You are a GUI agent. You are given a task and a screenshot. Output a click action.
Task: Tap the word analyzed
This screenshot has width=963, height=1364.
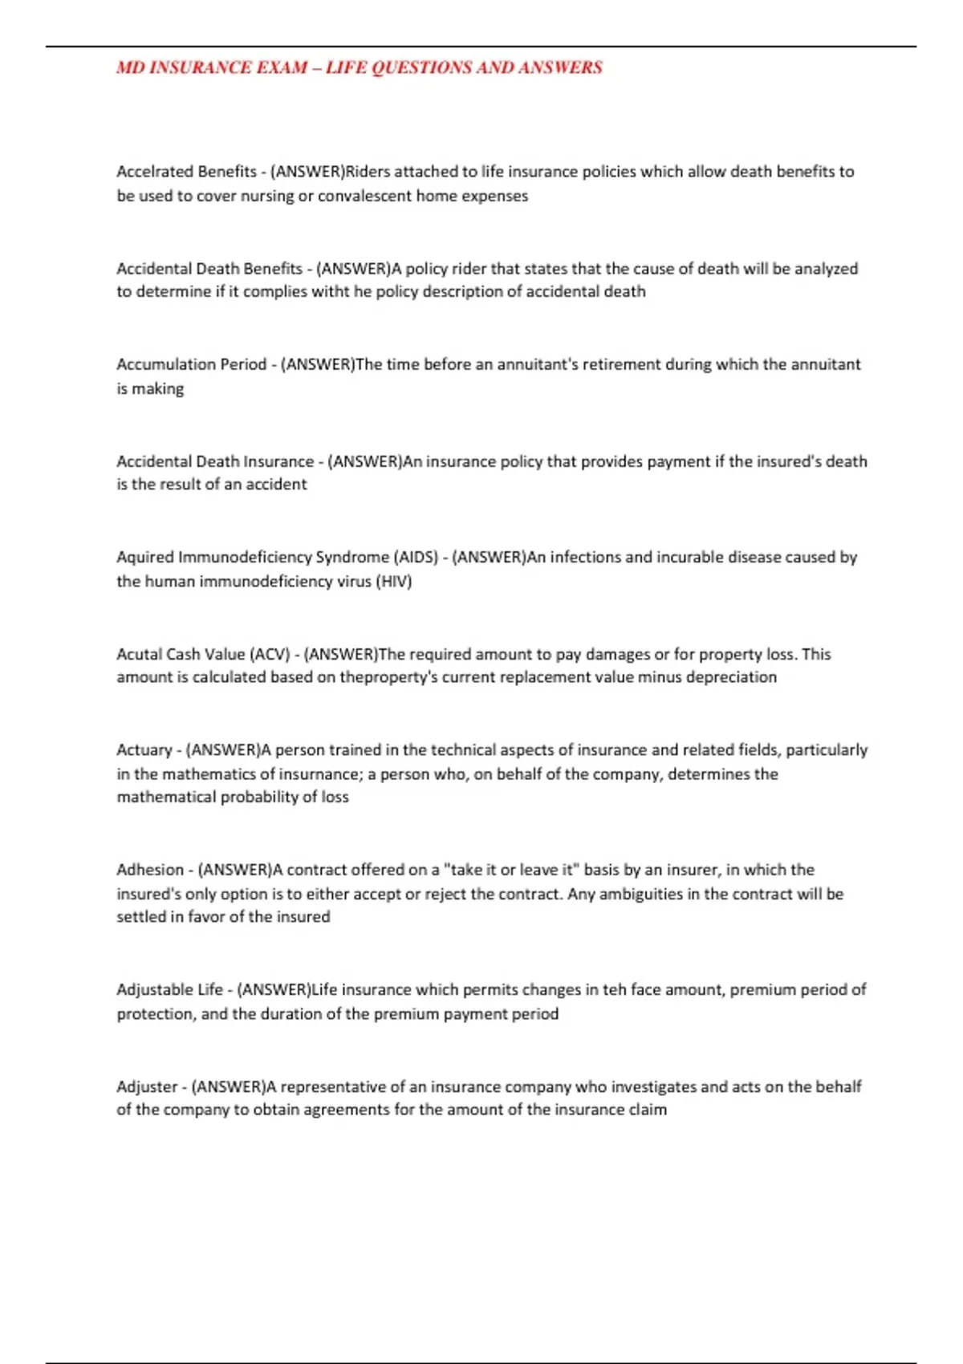click(826, 269)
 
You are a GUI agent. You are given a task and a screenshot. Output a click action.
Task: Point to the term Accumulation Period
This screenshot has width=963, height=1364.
click(191, 364)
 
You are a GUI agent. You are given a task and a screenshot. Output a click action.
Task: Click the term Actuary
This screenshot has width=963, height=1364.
click(144, 750)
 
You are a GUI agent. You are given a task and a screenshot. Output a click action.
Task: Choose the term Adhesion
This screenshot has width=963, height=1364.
click(150, 870)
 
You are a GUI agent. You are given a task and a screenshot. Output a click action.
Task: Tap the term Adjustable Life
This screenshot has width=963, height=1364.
click(169, 990)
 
